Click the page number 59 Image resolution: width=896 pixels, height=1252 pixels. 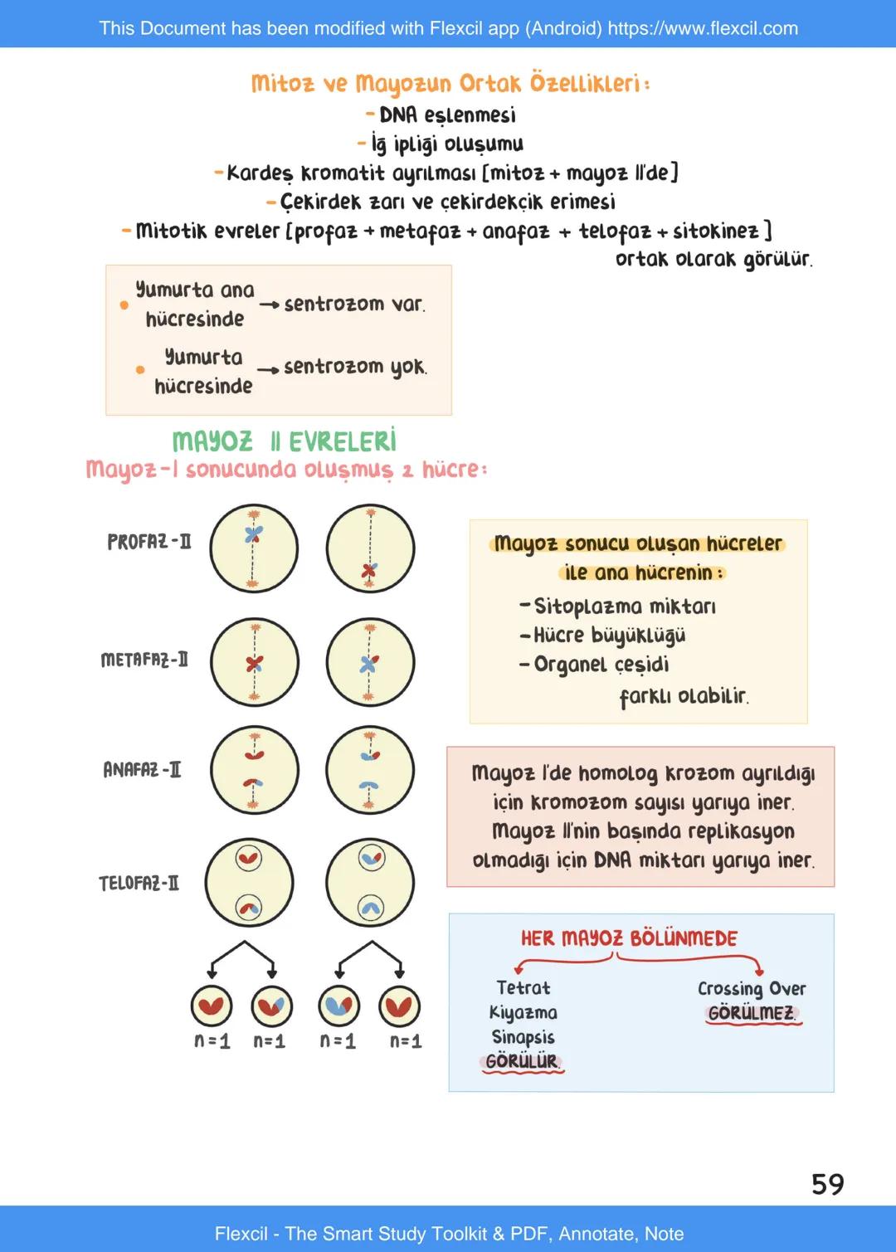827,1184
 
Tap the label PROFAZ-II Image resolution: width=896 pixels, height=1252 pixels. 149,542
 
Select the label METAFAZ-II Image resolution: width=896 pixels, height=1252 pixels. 144,660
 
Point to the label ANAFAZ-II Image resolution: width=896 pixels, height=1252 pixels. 142,769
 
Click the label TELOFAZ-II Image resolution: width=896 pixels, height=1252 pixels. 139,883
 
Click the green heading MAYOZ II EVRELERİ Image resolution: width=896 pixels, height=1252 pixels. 284,441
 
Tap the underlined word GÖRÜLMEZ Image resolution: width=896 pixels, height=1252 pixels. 752,1013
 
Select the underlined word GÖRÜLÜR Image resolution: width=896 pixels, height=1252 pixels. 522,1061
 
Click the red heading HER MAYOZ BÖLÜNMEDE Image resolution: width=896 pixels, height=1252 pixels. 629,938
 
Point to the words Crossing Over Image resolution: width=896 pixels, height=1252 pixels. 752,988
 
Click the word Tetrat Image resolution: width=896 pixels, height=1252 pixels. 523,987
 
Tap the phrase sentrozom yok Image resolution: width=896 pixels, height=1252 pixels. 355,366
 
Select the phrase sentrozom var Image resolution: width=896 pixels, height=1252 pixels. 354,304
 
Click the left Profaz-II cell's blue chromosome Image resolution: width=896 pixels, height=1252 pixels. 254,534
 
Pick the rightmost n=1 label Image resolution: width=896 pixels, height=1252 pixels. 406,1040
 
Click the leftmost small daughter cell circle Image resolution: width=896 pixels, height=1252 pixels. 212,1006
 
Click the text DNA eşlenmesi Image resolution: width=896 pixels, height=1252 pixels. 447,114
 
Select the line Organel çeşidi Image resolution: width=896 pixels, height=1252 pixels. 601,664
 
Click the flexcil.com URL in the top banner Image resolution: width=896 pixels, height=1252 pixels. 703,28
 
